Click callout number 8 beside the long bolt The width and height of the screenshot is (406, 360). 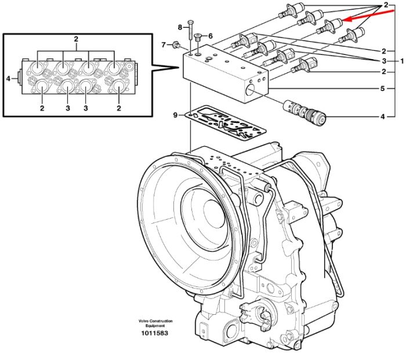point(180,27)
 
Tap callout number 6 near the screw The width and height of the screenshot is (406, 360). point(210,36)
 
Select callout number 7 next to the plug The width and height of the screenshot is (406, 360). point(164,45)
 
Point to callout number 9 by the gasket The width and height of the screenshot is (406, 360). point(176,115)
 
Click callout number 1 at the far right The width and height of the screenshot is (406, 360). point(402,61)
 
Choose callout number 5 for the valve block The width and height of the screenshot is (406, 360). point(382,89)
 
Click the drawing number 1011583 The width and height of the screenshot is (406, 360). point(155,333)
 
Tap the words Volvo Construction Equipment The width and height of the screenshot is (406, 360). point(155,323)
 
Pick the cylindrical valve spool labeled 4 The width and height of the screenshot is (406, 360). point(304,112)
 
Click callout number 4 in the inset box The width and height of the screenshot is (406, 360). point(8,78)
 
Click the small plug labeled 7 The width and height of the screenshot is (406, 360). point(176,45)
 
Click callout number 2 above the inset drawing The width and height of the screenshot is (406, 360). point(76,39)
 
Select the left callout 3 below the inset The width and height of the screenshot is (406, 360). point(68,108)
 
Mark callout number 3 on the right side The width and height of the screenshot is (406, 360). point(384,61)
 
